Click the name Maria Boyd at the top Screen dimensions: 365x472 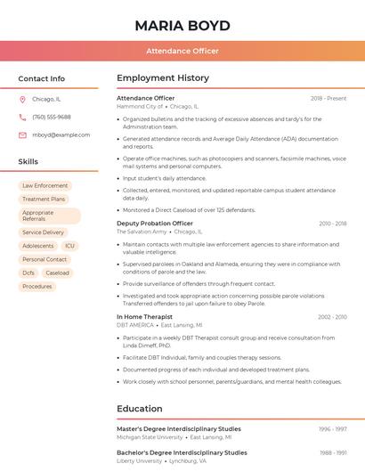[x=182, y=26]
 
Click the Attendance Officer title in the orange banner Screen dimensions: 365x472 [x=182, y=52]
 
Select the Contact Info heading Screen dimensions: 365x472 [x=42, y=78]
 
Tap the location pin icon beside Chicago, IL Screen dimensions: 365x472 [x=22, y=99]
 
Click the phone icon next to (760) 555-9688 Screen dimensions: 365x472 [x=22, y=117]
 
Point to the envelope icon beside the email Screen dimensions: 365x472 [x=22, y=134]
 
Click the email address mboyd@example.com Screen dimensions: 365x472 [x=61, y=134]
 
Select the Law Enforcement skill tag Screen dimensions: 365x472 [x=45, y=186]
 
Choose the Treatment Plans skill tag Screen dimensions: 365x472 [x=44, y=199]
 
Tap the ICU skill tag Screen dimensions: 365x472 [x=69, y=246]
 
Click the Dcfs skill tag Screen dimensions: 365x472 [x=28, y=273]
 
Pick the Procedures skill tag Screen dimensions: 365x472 [x=37, y=287]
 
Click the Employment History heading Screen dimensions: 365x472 [x=163, y=78]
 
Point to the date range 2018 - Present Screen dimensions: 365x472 [x=328, y=98]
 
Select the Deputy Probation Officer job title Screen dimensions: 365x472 [x=155, y=224]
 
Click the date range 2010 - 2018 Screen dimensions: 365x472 [x=332, y=224]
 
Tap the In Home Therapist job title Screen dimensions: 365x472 [x=144, y=317]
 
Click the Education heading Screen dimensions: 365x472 [x=140, y=409]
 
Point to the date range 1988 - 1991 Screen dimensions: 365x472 [x=333, y=452]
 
